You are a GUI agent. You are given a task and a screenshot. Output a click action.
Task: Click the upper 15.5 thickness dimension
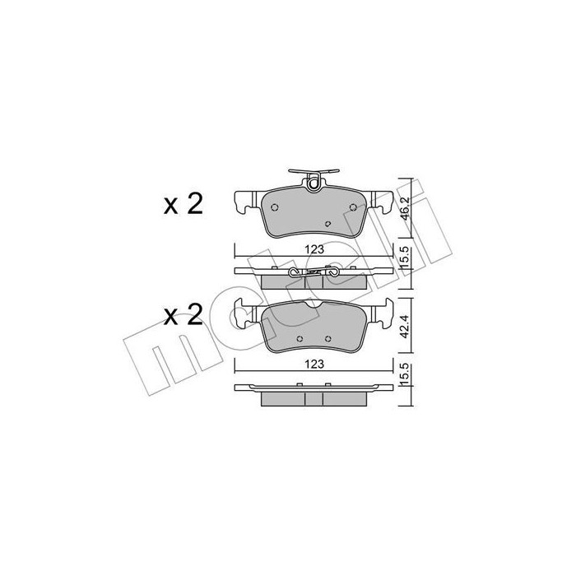coord(404,258)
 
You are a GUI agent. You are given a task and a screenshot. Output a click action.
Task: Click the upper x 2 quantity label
coord(183,203)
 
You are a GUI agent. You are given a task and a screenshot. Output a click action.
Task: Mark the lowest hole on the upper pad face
coord(328,223)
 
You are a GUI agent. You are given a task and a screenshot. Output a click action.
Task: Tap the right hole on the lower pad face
coord(328,338)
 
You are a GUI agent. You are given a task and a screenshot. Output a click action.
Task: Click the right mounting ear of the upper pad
coord(381,199)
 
